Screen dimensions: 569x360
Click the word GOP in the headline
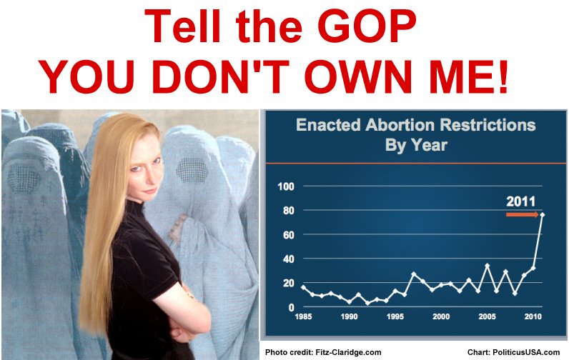tap(369, 26)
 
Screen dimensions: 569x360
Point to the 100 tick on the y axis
tap(286, 186)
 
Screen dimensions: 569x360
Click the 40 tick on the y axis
tap(289, 259)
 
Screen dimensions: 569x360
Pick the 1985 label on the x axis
tap(303, 316)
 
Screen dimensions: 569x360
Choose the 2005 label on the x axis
tap(487, 316)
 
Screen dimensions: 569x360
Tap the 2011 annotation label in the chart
tap(520, 201)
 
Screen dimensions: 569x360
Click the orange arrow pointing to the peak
tap(523, 214)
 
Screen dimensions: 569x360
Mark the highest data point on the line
tap(542, 215)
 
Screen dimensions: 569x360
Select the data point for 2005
tap(487, 266)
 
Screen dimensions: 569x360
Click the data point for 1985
tap(303, 287)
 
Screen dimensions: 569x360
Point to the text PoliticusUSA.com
tap(526, 352)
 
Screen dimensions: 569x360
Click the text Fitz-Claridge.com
tap(348, 352)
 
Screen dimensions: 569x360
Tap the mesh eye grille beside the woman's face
tap(192, 171)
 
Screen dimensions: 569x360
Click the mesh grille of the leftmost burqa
tap(24, 179)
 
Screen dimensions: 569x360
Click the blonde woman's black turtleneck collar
tap(135, 210)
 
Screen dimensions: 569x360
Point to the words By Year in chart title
tap(416, 146)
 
